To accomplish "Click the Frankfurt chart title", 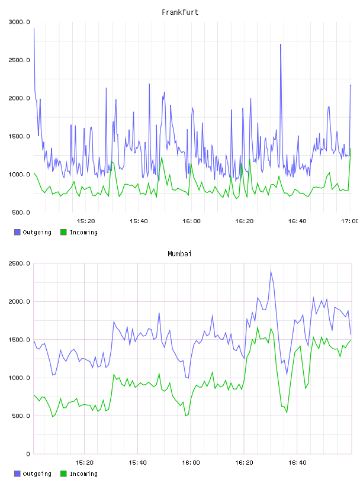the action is tap(180, 12).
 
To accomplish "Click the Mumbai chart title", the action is tap(179, 253).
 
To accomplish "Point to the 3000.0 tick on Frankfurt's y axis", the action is tap(19, 22).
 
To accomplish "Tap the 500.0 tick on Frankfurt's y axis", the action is tap(21, 212).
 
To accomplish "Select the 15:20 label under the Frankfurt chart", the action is tap(86, 221).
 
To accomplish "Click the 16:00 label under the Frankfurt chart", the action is tap(191, 221).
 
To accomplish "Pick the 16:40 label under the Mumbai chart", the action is tap(297, 463).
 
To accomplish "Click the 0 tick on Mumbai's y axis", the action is tap(28, 454).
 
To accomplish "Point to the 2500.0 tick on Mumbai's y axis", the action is tap(19, 263).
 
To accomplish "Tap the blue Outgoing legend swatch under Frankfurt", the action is tap(17, 232).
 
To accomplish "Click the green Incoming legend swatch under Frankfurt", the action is tap(63, 232).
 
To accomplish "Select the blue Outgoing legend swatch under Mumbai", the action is tap(17, 474).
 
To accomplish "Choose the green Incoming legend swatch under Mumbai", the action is tap(63, 474).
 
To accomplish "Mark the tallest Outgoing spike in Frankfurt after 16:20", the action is tap(281, 44).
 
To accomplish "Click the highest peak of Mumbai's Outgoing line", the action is tap(271, 271).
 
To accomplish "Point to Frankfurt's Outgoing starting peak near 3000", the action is tap(34, 28).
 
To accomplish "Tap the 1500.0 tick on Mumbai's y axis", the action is tap(19, 340).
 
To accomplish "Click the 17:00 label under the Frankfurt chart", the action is tap(350, 221).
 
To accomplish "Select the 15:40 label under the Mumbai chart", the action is tap(137, 463).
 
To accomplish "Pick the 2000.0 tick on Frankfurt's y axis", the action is tap(19, 98).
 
